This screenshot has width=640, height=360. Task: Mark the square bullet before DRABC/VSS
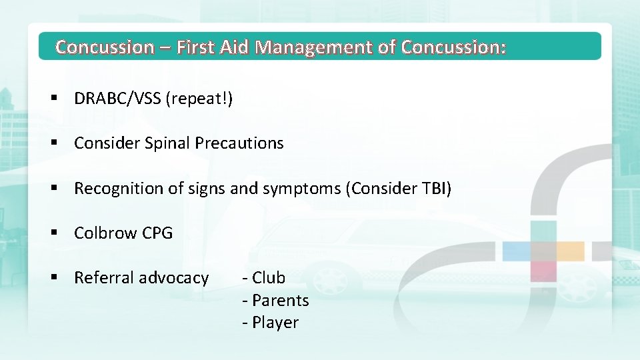54,99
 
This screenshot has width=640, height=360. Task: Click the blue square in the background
520,251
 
